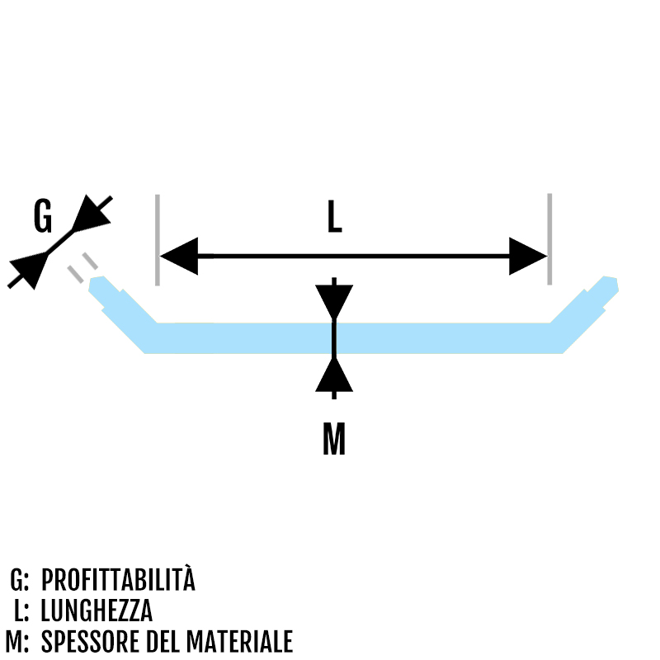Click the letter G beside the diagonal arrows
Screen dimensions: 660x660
[43, 217]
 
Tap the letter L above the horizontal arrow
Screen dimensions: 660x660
[333, 217]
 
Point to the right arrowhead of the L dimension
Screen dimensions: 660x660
[527, 257]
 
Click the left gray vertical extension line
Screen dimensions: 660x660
[157, 239]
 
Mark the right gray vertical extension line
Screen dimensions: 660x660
[549, 239]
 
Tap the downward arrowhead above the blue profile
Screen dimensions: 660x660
[333, 302]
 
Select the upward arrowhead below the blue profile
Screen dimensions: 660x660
[333, 375]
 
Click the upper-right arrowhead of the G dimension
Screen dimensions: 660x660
[91, 215]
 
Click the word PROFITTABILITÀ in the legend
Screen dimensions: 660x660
[118, 580]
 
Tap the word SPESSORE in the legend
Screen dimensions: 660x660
[89, 642]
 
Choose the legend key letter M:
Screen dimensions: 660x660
[17, 642]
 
